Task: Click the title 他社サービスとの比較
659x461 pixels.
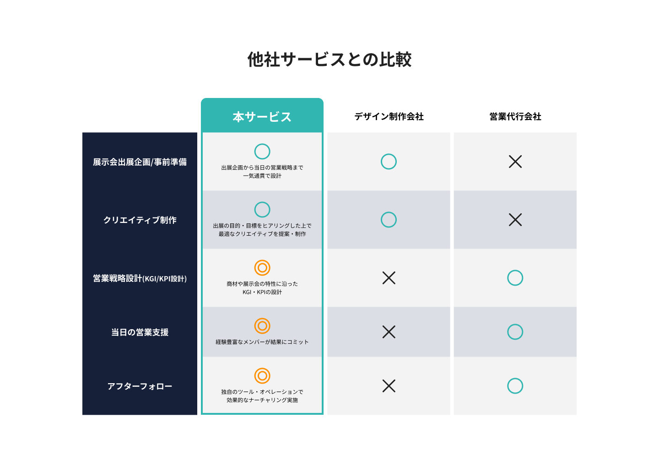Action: click(329, 60)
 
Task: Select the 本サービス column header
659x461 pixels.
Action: click(262, 117)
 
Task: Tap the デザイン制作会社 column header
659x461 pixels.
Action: click(389, 117)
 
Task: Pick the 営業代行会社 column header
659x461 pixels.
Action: click(515, 117)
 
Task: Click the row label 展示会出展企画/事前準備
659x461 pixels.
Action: click(140, 162)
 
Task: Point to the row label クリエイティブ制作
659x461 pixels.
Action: click(140, 220)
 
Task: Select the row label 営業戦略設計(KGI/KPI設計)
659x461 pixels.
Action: click(140, 278)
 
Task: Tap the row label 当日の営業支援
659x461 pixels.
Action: click(140, 332)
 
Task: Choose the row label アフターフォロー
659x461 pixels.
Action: click(140, 386)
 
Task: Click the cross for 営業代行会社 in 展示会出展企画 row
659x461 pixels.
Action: click(515, 162)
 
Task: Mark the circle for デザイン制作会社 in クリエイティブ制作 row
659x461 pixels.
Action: click(389, 220)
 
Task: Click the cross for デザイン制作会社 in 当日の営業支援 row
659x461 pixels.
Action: click(389, 332)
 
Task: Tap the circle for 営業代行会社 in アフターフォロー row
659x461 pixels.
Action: click(515, 386)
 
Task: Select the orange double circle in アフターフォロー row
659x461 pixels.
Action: click(262, 376)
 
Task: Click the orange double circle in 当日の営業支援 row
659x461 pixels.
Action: click(262, 326)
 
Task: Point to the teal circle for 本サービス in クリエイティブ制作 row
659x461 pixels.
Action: click(262, 210)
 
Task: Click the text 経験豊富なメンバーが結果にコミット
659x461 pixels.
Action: click(262, 342)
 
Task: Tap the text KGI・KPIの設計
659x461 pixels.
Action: click(262, 292)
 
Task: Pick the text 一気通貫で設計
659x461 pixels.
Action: click(262, 176)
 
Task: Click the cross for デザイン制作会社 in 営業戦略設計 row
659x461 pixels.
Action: click(389, 278)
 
